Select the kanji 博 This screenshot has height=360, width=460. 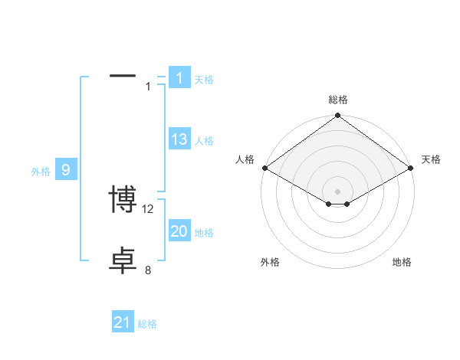click(123, 200)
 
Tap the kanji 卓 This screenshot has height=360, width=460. click(123, 261)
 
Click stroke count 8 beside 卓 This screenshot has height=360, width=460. click(148, 270)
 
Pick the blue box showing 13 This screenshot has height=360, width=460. click(179, 139)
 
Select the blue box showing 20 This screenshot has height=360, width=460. click(179, 231)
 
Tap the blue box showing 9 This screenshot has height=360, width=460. click(66, 170)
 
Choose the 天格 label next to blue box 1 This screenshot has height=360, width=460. click(204, 79)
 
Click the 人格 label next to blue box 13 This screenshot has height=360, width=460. click(204, 141)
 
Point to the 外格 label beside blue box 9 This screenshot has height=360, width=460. click(41, 172)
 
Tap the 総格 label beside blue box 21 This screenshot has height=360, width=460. click(147, 324)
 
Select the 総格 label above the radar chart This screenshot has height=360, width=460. click(338, 100)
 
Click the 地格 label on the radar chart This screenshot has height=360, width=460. click(402, 262)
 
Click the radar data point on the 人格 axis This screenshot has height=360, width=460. click(264, 168)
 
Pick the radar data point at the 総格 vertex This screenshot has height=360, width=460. click(338, 116)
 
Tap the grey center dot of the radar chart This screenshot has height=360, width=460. click(338, 191)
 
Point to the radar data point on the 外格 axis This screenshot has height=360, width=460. click(329, 204)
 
